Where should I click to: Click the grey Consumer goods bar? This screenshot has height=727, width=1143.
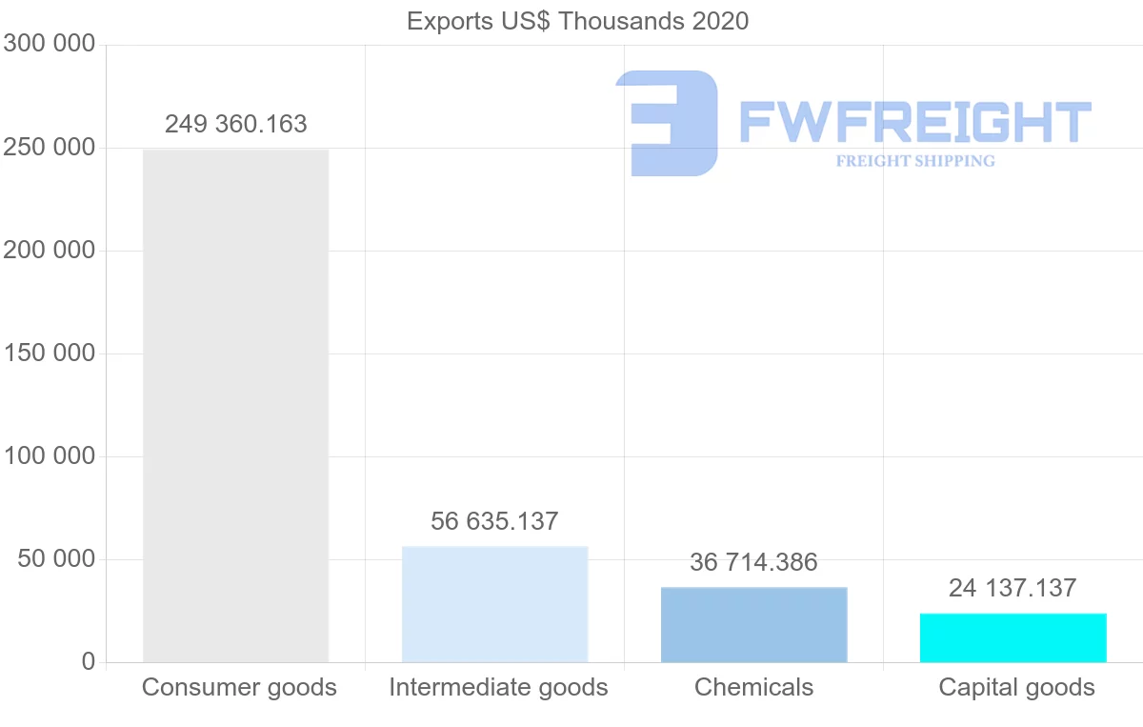pos(235,405)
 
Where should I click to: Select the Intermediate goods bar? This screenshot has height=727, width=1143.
pos(494,604)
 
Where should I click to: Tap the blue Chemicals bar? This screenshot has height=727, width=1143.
pos(753,625)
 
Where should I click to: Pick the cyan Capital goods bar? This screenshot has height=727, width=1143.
pos(1013,637)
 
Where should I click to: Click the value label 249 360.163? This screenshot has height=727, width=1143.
pos(236,124)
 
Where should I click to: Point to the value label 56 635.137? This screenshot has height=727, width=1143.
pos(494,521)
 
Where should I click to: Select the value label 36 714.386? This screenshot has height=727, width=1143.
pos(753,562)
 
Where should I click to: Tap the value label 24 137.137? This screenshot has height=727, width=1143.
pos(1013,588)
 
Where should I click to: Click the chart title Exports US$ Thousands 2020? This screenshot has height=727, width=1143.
pos(577,21)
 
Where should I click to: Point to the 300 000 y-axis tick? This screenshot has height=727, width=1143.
pos(50,44)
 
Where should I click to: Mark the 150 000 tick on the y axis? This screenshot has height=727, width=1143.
pos(50,353)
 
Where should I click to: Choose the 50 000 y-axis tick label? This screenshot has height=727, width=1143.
pos(57,559)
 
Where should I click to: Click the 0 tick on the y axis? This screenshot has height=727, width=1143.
pos(89,661)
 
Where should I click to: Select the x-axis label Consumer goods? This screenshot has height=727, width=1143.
pos(239,687)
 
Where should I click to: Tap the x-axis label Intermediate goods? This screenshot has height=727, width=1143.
pos(498,687)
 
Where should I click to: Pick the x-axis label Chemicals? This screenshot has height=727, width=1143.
pos(753,687)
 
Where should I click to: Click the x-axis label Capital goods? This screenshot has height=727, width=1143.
pos(1016,687)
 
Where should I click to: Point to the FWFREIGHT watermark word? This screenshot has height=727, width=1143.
pos(914,123)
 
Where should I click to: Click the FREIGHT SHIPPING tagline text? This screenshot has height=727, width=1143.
pos(915,161)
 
